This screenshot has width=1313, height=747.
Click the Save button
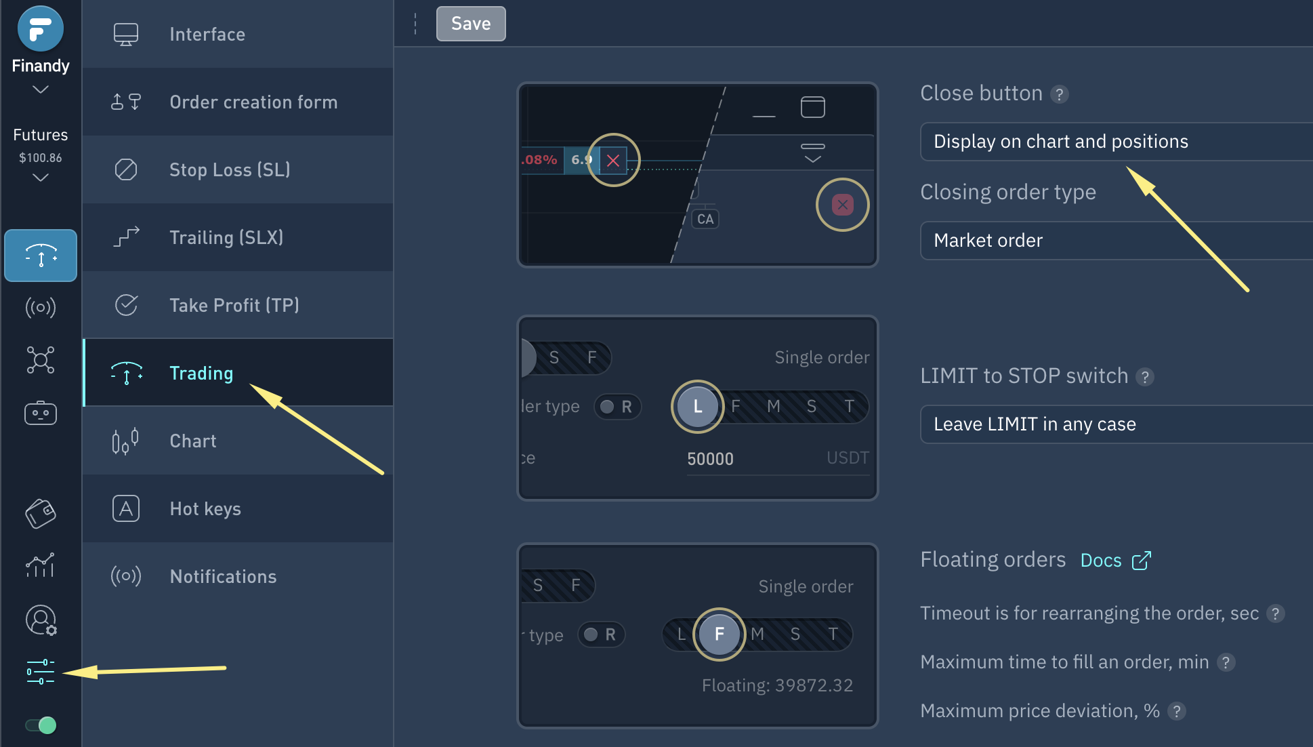(x=471, y=24)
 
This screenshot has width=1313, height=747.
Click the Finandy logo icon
(x=41, y=28)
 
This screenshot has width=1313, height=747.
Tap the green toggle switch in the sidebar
(x=41, y=725)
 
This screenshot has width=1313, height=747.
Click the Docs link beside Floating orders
(x=1115, y=561)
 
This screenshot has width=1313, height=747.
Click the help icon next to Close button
(x=1060, y=94)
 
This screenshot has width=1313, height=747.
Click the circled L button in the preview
(x=697, y=407)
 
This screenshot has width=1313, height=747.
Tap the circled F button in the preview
(x=719, y=634)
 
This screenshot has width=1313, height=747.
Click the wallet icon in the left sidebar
(x=41, y=513)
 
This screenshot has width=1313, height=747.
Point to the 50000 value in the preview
(x=710, y=459)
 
